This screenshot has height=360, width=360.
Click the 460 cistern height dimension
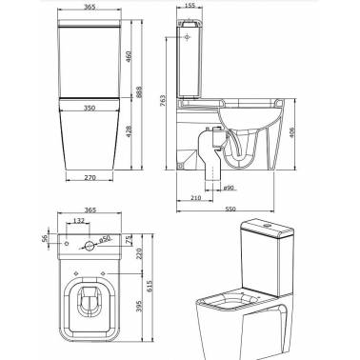click(129, 56)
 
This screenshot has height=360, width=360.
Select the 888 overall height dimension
click(139, 92)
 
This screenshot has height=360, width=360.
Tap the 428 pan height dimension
click(129, 131)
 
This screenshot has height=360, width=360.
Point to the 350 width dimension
click(90, 108)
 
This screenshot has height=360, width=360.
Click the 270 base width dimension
click(90, 178)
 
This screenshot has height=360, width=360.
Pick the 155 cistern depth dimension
click(190, 6)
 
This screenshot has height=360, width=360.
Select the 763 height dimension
click(163, 101)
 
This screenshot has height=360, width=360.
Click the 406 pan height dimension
click(292, 132)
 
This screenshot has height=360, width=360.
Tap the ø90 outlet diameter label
click(229, 188)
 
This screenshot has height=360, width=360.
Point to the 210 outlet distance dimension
click(196, 198)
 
